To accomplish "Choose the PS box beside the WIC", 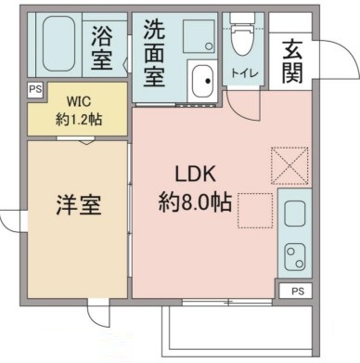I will [35, 89].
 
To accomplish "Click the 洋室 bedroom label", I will [76, 203].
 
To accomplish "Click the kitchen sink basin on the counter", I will [295, 216].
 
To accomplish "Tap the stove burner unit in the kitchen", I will [294, 256].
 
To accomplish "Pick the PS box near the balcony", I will [296, 291].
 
